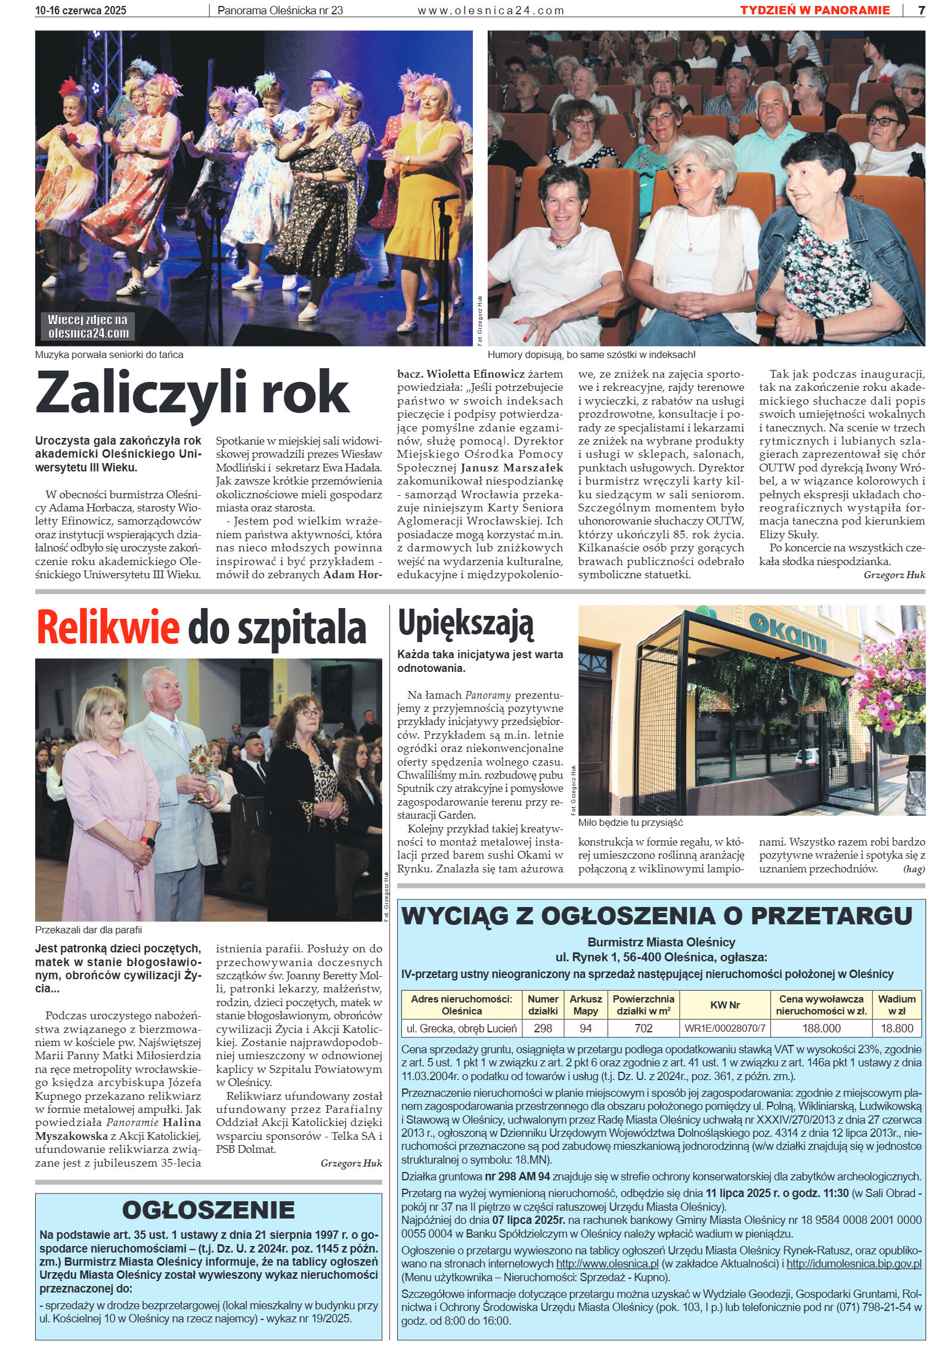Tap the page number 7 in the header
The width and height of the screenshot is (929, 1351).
(921, 10)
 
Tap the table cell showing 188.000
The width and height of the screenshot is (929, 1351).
(821, 1028)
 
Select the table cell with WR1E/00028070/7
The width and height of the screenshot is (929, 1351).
(724, 1028)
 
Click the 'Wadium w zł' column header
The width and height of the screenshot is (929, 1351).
(897, 1005)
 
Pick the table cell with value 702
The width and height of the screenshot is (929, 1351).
(643, 1028)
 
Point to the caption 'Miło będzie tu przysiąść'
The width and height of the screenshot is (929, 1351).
(630, 822)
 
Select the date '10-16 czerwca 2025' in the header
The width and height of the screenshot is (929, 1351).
(80, 10)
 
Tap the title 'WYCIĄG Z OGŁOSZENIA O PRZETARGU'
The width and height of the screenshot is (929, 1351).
(657, 915)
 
